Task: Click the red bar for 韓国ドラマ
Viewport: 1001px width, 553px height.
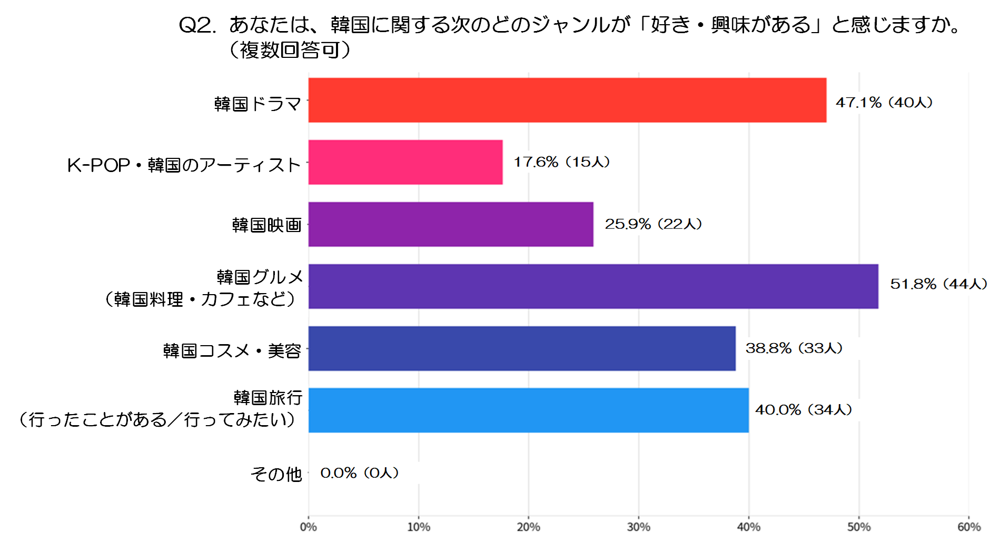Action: (567, 100)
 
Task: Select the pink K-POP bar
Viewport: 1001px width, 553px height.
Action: (405, 162)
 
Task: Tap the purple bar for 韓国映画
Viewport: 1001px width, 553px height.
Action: (451, 224)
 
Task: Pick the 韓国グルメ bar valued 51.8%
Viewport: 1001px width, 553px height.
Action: (593, 286)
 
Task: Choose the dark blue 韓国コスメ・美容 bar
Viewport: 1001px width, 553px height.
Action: (522, 348)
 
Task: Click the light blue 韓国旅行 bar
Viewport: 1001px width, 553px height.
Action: (528, 410)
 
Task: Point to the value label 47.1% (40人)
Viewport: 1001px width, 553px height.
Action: (884, 102)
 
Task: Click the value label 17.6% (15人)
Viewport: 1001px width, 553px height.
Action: (561, 162)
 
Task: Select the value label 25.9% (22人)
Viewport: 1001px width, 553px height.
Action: (653, 224)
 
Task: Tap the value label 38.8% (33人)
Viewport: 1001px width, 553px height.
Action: (794, 348)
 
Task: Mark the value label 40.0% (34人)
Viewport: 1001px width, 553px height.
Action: (803, 409)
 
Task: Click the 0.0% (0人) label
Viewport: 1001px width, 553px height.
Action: (359, 472)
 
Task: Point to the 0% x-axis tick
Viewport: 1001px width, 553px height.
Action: (309, 527)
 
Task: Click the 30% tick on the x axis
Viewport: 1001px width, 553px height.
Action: (639, 527)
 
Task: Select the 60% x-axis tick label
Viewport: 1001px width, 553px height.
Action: (969, 527)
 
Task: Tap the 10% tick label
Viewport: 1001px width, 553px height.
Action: (419, 527)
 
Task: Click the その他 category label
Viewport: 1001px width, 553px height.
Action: (276, 474)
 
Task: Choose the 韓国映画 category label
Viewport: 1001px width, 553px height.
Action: (266, 225)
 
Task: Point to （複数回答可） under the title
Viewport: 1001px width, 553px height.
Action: (290, 50)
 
